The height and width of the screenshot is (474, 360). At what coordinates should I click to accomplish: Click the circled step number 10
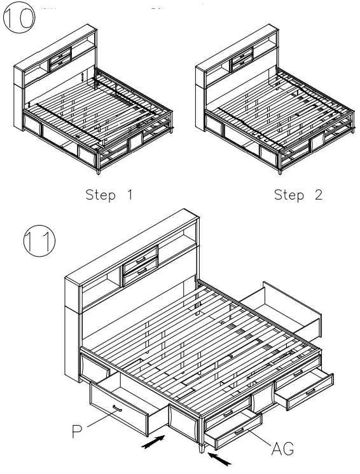(x=18, y=18)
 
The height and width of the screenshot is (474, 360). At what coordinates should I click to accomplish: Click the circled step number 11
(x=39, y=241)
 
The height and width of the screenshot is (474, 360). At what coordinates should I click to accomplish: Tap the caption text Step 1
(x=109, y=195)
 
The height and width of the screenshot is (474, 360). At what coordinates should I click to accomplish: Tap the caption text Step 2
(x=298, y=195)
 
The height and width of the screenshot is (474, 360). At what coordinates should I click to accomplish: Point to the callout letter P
(x=77, y=431)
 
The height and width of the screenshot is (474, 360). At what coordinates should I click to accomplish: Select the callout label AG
(x=282, y=449)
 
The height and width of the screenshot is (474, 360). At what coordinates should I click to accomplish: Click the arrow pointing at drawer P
(x=154, y=442)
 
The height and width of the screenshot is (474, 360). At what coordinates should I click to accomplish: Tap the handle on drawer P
(x=118, y=409)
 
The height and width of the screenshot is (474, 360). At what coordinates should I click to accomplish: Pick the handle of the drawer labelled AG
(x=239, y=431)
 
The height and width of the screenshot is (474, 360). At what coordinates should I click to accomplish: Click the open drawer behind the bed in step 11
(x=281, y=309)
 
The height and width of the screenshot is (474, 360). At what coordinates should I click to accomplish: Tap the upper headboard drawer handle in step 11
(x=141, y=260)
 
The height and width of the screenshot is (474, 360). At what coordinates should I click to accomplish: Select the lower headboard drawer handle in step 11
(x=142, y=271)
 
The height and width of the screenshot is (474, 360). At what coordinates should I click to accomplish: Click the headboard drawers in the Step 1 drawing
(x=60, y=59)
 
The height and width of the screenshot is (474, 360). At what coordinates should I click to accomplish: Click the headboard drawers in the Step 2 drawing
(x=242, y=59)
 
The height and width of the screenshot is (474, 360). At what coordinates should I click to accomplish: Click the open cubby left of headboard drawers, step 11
(x=101, y=290)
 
